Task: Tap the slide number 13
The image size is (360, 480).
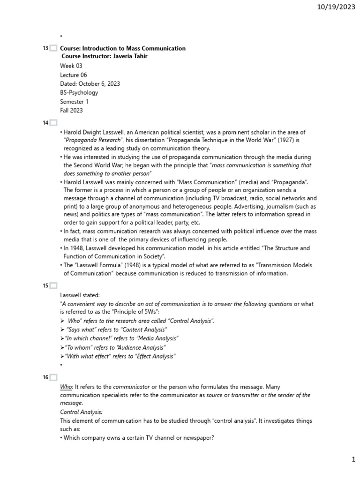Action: coord(45,48)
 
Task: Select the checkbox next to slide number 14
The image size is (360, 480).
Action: coord(53,123)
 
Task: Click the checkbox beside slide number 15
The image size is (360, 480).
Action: coord(53,285)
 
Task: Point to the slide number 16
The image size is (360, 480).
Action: coord(45,377)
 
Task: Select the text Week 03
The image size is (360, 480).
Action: coord(71,66)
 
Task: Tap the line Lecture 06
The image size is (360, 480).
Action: coord(74,75)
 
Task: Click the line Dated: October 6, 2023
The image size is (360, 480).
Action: coord(90,84)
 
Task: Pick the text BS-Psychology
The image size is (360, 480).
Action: coord(79,93)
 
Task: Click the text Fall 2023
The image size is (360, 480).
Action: coord(71,111)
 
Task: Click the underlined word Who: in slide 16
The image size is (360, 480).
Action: coord(67,387)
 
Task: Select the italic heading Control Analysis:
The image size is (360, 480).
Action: coord(81,412)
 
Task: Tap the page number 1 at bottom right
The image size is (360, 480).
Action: coord(354,460)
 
